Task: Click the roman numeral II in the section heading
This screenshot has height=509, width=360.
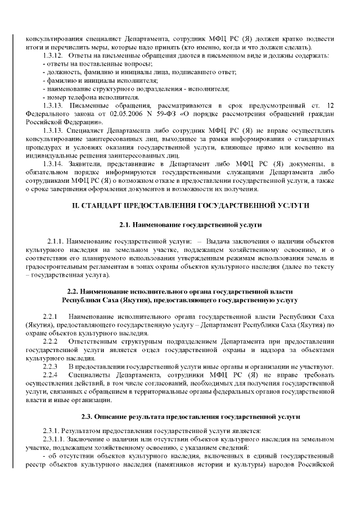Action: [76, 206]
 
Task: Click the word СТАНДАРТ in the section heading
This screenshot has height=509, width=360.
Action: [105, 206]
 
